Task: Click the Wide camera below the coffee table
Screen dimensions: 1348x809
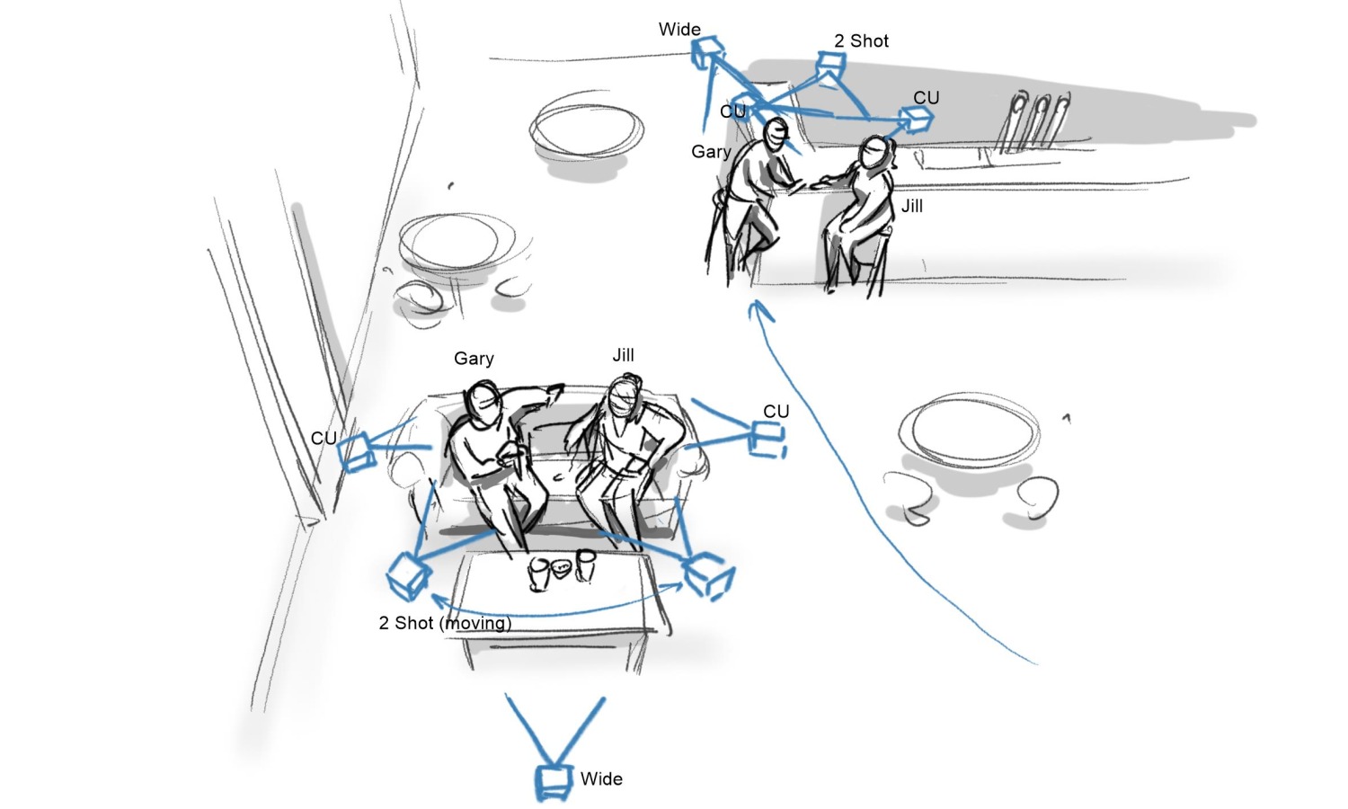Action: click(x=553, y=781)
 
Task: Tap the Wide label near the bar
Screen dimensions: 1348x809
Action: click(x=679, y=30)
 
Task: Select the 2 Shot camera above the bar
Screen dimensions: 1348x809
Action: click(x=831, y=65)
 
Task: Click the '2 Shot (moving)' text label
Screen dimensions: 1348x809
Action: click(x=446, y=623)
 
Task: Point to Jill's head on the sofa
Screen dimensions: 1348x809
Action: click(x=625, y=396)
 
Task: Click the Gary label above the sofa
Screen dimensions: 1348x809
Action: click(x=474, y=359)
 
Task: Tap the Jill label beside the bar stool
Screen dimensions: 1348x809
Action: click(x=912, y=207)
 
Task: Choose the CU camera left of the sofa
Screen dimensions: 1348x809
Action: click(x=356, y=453)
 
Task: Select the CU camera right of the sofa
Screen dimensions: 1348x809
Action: click(x=767, y=440)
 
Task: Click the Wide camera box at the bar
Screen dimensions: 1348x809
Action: click(x=707, y=52)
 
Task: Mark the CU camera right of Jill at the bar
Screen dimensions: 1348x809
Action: click(x=916, y=120)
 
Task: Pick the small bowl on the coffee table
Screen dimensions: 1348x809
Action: click(x=561, y=568)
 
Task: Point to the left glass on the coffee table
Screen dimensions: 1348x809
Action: click(x=538, y=573)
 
